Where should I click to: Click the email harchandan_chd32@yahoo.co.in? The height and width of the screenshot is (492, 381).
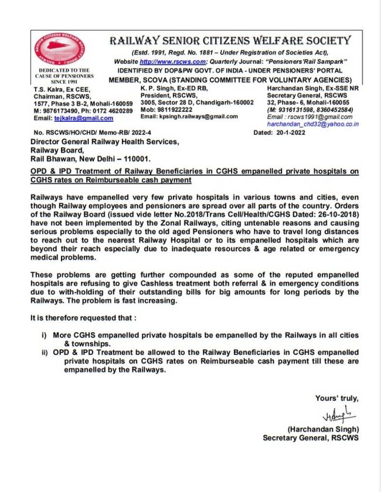pyautogui.click(x=313, y=124)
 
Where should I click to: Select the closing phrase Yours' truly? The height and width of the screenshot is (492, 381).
pyautogui.click(x=336, y=398)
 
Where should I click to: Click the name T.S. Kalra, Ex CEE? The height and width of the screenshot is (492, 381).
pyautogui.click(x=62, y=88)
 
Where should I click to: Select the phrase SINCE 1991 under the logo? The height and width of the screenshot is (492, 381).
pyautogui.click(x=57, y=81)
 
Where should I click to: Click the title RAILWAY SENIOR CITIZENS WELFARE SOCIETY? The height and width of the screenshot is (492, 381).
pyautogui.click(x=230, y=40)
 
